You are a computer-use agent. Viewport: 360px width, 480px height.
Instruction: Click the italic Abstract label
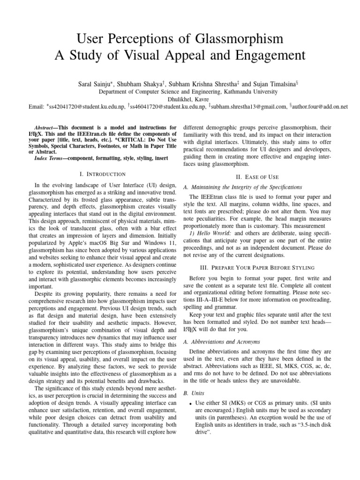click(x=46, y=127)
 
